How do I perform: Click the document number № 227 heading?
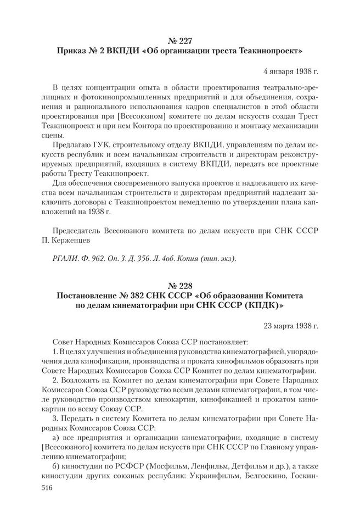[180, 40]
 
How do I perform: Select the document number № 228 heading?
[180, 286]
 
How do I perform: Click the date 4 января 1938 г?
[290, 71]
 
